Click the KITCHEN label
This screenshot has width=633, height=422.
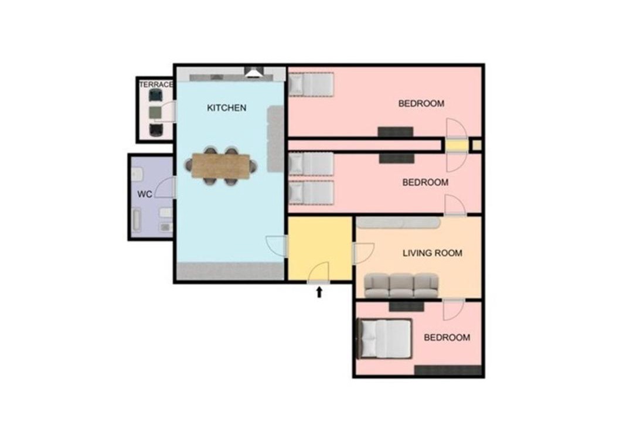(x=226, y=108)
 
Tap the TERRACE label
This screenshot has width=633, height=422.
(x=156, y=84)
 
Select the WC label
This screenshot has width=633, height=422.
(x=145, y=194)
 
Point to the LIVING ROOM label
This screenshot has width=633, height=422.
(x=433, y=253)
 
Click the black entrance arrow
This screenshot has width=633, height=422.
(x=319, y=292)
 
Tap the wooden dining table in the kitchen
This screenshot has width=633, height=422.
(x=220, y=166)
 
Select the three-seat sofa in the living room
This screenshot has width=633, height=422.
(x=401, y=285)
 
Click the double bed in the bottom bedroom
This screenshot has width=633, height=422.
(x=384, y=338)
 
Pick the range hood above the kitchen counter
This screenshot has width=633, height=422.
(x=254, y=72)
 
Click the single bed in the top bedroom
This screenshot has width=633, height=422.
(x=311, y=84)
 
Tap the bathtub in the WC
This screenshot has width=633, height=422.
(x=137, y=220)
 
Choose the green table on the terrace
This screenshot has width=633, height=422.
(x=155, y=113)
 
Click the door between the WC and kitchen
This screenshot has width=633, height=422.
(x=165, y=188)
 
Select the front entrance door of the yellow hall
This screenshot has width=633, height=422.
(x=319, y=273)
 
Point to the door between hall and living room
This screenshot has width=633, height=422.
(x=363, y=253)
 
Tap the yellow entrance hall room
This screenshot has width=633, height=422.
(x=319, y=248)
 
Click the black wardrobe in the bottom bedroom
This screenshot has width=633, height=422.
(x=448, y=370)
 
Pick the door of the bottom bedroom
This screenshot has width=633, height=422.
(x=454, y=309)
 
